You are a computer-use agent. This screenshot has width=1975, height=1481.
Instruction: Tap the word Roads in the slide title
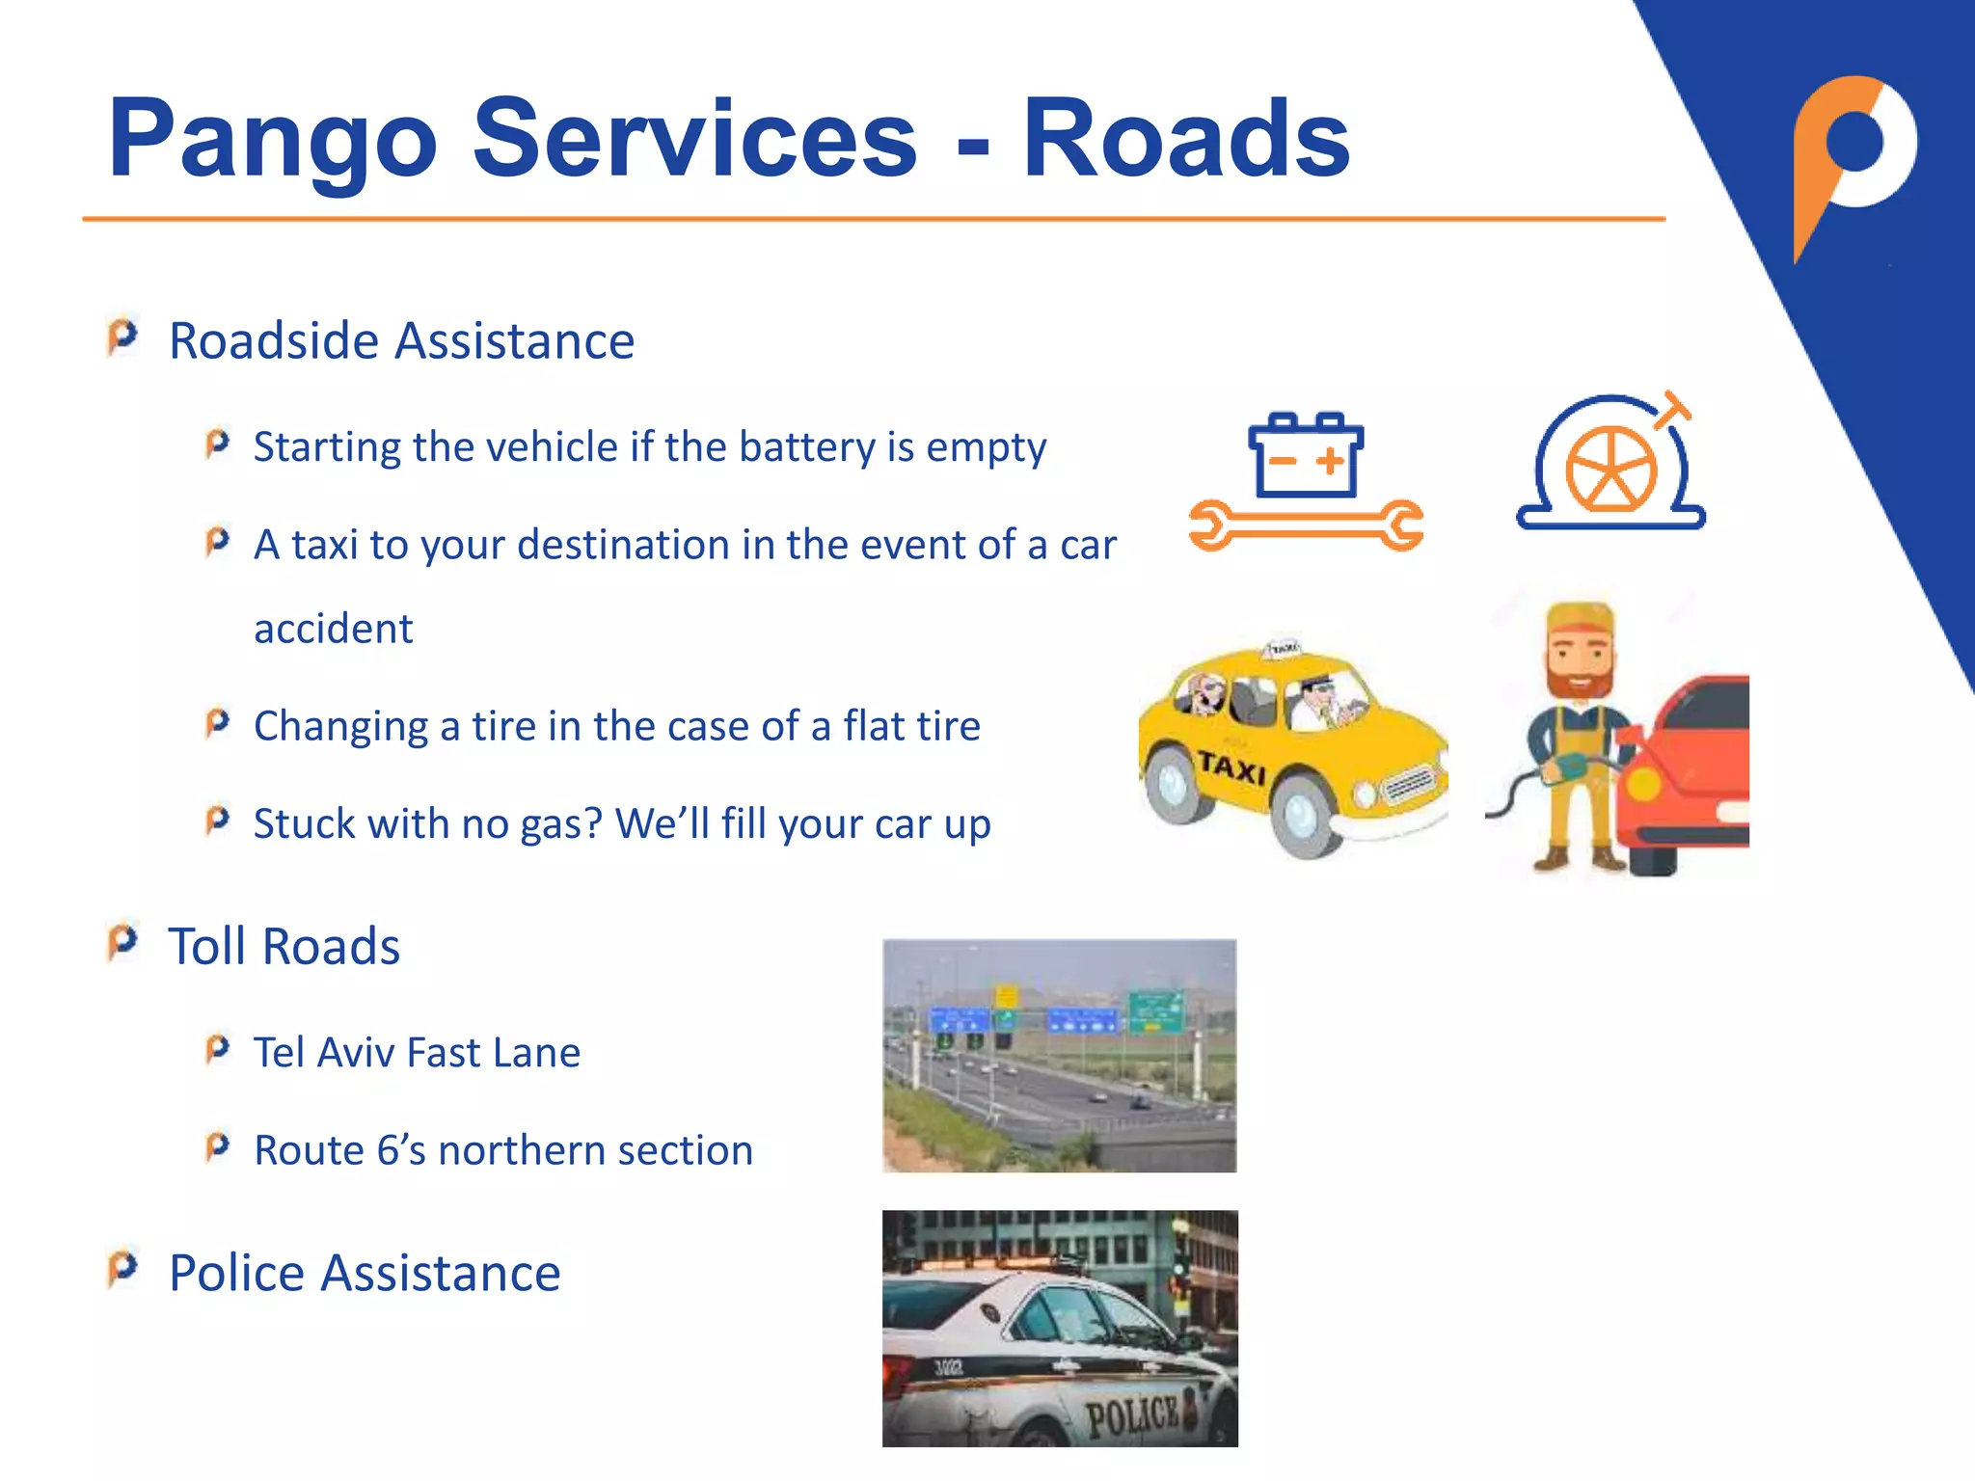[x=1185, y=141]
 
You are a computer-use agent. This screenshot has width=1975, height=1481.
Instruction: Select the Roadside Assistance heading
[x=401, y=341]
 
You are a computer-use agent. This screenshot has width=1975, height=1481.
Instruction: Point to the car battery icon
[x=1306, y=455]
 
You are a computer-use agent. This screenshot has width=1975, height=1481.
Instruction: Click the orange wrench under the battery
[x=1306, y=525]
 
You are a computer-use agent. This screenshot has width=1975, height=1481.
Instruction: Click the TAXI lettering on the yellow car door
[x=1231, y=768]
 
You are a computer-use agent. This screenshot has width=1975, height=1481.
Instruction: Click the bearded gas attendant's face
[x=1579, y=661]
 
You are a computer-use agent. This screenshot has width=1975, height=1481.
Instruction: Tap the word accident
[x=334, y=630]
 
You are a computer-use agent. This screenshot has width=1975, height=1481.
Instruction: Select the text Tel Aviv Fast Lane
[x=417, y=1053]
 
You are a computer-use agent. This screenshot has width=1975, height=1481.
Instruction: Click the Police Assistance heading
[x=365, y=1273]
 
